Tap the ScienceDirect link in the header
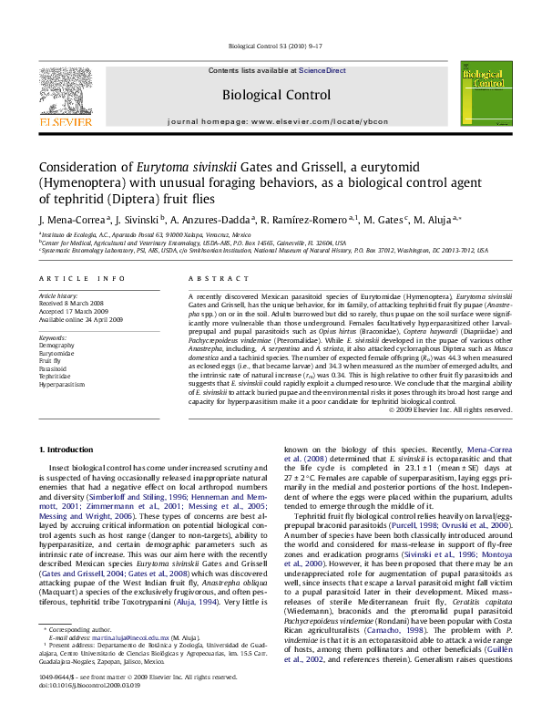coord(322,70)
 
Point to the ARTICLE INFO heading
coord(82,278)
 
